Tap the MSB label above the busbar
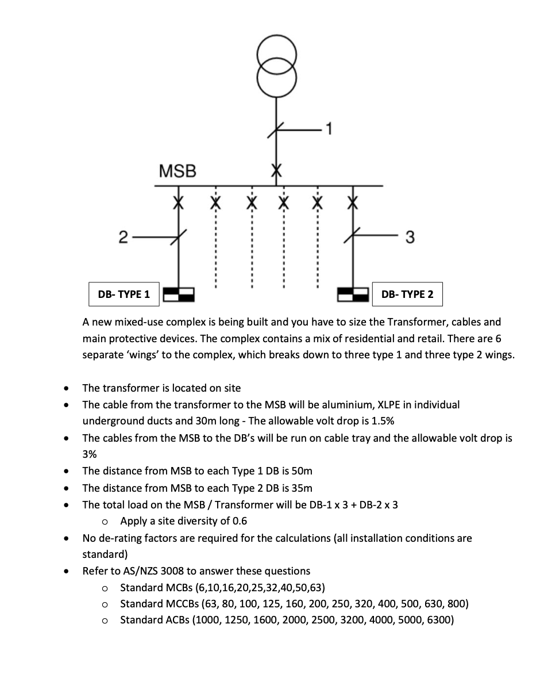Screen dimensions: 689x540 tap(177, 171)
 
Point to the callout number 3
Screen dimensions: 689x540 tap(410, 236)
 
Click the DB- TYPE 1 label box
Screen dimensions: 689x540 tap(124, 294)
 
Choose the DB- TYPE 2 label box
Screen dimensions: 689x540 tap(407, 294)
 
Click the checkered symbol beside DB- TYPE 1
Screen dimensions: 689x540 tap(179, 294)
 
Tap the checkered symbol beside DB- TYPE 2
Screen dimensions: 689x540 tap(352, 294)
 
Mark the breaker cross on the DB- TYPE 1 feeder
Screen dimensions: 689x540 tap(179, 202)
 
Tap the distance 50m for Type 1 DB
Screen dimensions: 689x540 tap(302, 471)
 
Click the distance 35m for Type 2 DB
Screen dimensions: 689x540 tap(302, 488)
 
